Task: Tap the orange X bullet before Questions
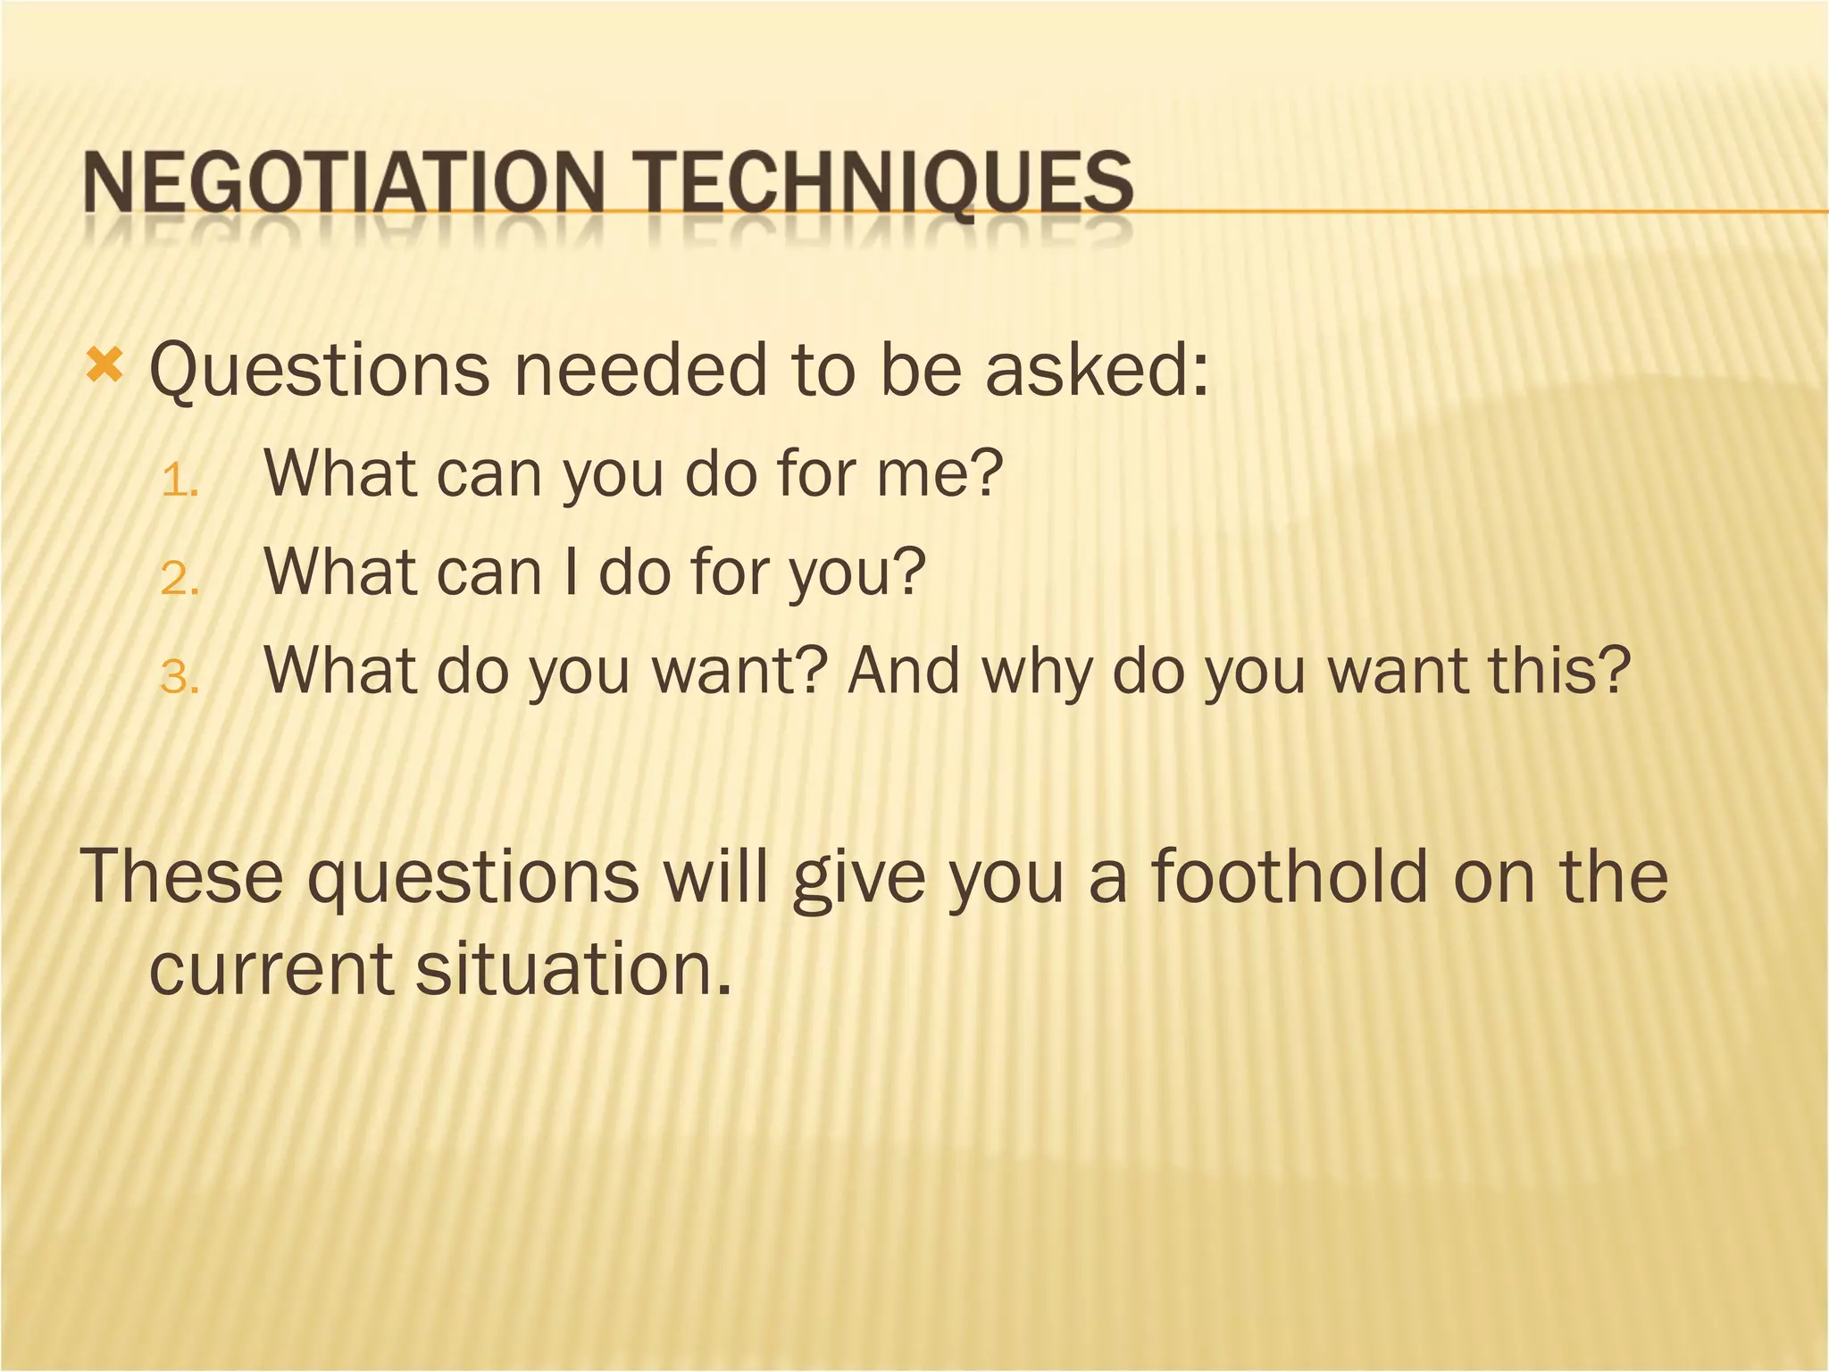coord(104,365)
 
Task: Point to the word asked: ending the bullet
coord(1098,371)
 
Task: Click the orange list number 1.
coord(178,483)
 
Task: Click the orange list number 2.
coord(178,581)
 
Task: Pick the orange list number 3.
coord(178,679)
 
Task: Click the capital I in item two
coord(570,572)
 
